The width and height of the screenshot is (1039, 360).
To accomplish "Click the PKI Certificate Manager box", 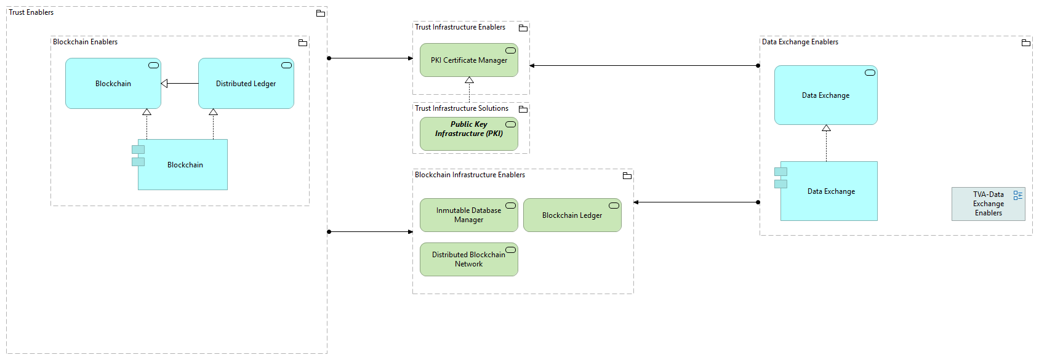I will [468, 60].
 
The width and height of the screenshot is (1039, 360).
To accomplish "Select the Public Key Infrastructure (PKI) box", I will [468, 134].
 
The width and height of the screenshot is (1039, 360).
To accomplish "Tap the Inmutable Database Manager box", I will [468, 215].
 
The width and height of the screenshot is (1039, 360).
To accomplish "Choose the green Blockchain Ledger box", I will [572, 215].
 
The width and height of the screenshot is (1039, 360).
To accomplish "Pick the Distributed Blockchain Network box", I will [468, 259].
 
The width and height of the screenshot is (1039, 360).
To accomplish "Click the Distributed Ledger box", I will [246, 84].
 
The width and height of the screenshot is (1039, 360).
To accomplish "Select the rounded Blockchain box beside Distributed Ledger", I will [113, 84].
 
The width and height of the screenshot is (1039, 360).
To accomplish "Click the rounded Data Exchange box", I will [825, 95].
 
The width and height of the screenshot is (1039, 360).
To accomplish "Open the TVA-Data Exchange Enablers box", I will [988, 204].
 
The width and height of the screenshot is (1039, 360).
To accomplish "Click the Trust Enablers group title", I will [31, 12].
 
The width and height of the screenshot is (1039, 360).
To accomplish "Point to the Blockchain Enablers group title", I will [85, 42].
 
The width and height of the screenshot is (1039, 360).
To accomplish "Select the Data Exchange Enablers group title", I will [800, 42].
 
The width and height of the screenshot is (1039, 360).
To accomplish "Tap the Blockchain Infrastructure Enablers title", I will [470, 175].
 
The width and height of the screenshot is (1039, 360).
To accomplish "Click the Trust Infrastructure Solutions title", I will [462, 108].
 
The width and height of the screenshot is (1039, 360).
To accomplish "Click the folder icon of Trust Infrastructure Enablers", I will [523, 28].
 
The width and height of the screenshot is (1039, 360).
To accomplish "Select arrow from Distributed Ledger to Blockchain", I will [180, 84].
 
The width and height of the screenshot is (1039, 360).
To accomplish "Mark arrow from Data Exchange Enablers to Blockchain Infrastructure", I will [696, 202].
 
